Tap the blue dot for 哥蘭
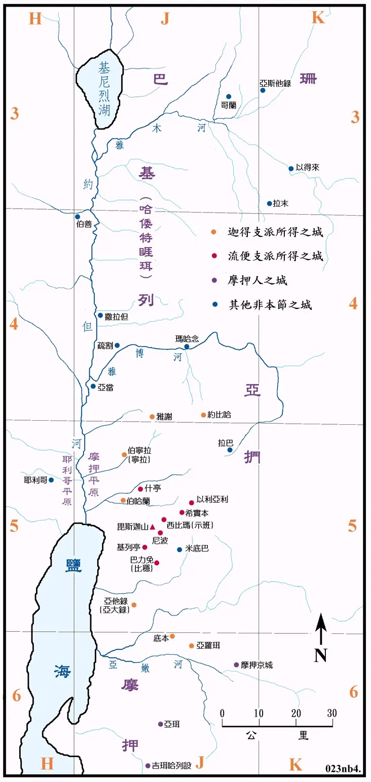(229, 96)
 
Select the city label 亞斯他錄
(275, 83)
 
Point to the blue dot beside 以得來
(291, 168)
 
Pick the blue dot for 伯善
(78, 217)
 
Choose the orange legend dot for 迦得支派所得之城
(214, 232)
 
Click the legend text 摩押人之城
(258, 281)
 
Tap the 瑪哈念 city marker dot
(187, 347)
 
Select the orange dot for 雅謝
(152, 417)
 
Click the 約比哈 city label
(219, 415)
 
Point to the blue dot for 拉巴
(230, 450)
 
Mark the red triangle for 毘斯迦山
(153, 527)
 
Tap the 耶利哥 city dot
(51, 480)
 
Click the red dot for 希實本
(182, 513)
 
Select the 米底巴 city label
(197, 549)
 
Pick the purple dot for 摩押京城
(236, 665)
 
